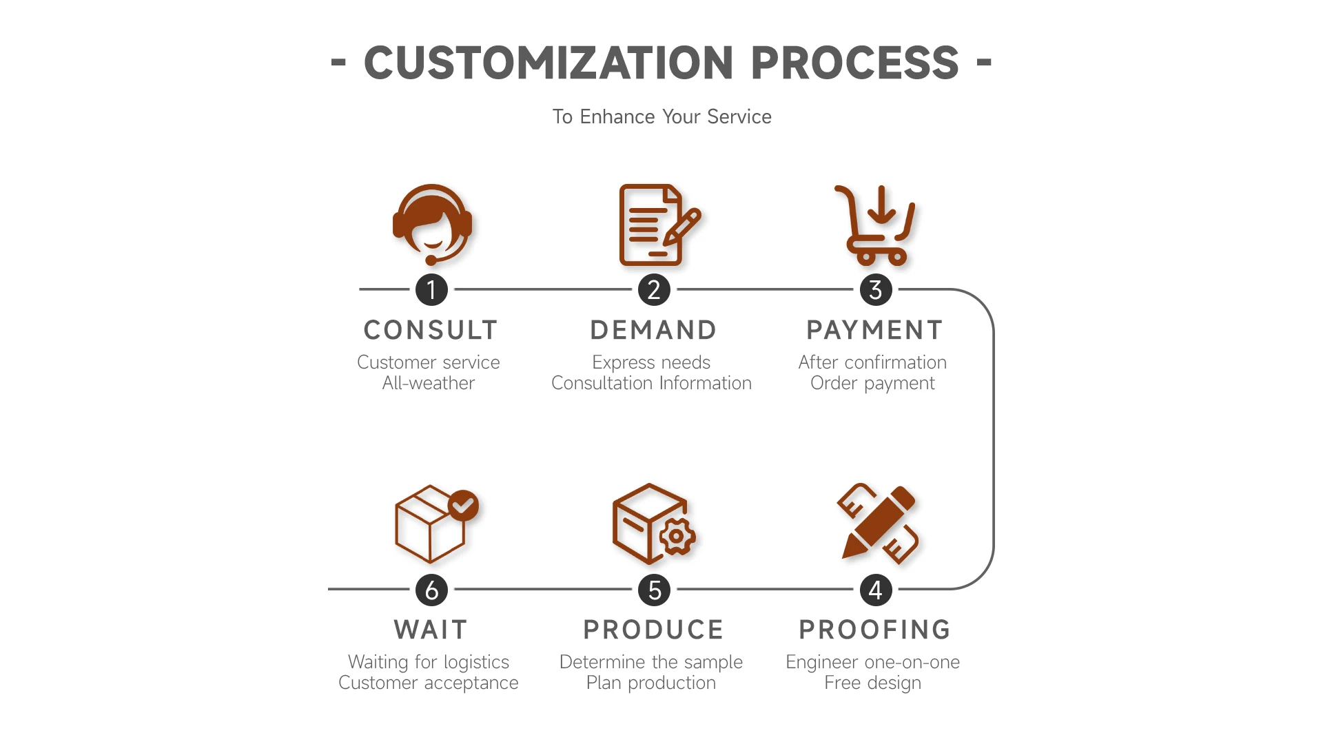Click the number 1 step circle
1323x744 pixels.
click(431, 290)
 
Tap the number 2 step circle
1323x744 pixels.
click(654, 290)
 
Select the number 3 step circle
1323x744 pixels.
click(876, 290)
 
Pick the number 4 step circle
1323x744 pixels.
click(876, 590)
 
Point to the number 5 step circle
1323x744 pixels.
click(654, 590)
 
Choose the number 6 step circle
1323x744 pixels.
click(431, 590)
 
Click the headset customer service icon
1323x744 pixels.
click(432, 225)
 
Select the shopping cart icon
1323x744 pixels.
click(875, 225)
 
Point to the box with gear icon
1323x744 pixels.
click(654, 524)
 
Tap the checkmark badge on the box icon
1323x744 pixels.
click(463, 506)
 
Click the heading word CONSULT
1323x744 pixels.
click(431, 330)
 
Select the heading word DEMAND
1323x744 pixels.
click(653, 330)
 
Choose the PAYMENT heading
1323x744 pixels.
click(874, 330)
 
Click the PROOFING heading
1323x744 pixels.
click(874, 630)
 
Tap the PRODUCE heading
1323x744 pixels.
click(653, 630)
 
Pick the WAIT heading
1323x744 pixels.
click(431, 630)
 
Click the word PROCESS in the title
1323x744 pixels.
click(854, 63)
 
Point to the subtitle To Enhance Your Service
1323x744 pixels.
click(661, 116)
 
